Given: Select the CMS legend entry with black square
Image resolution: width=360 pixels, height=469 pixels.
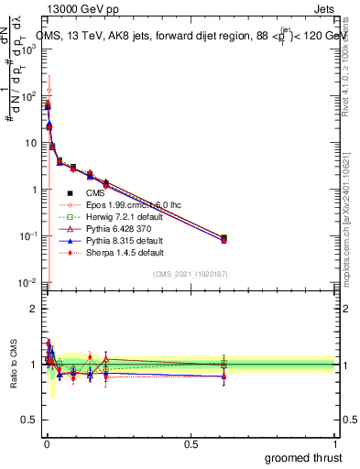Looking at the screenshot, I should click(96, 193).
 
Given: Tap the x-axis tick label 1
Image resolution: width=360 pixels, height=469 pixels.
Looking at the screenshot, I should click(334, 442).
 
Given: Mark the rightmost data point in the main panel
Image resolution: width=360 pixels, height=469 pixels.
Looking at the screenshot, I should click(224, 238).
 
